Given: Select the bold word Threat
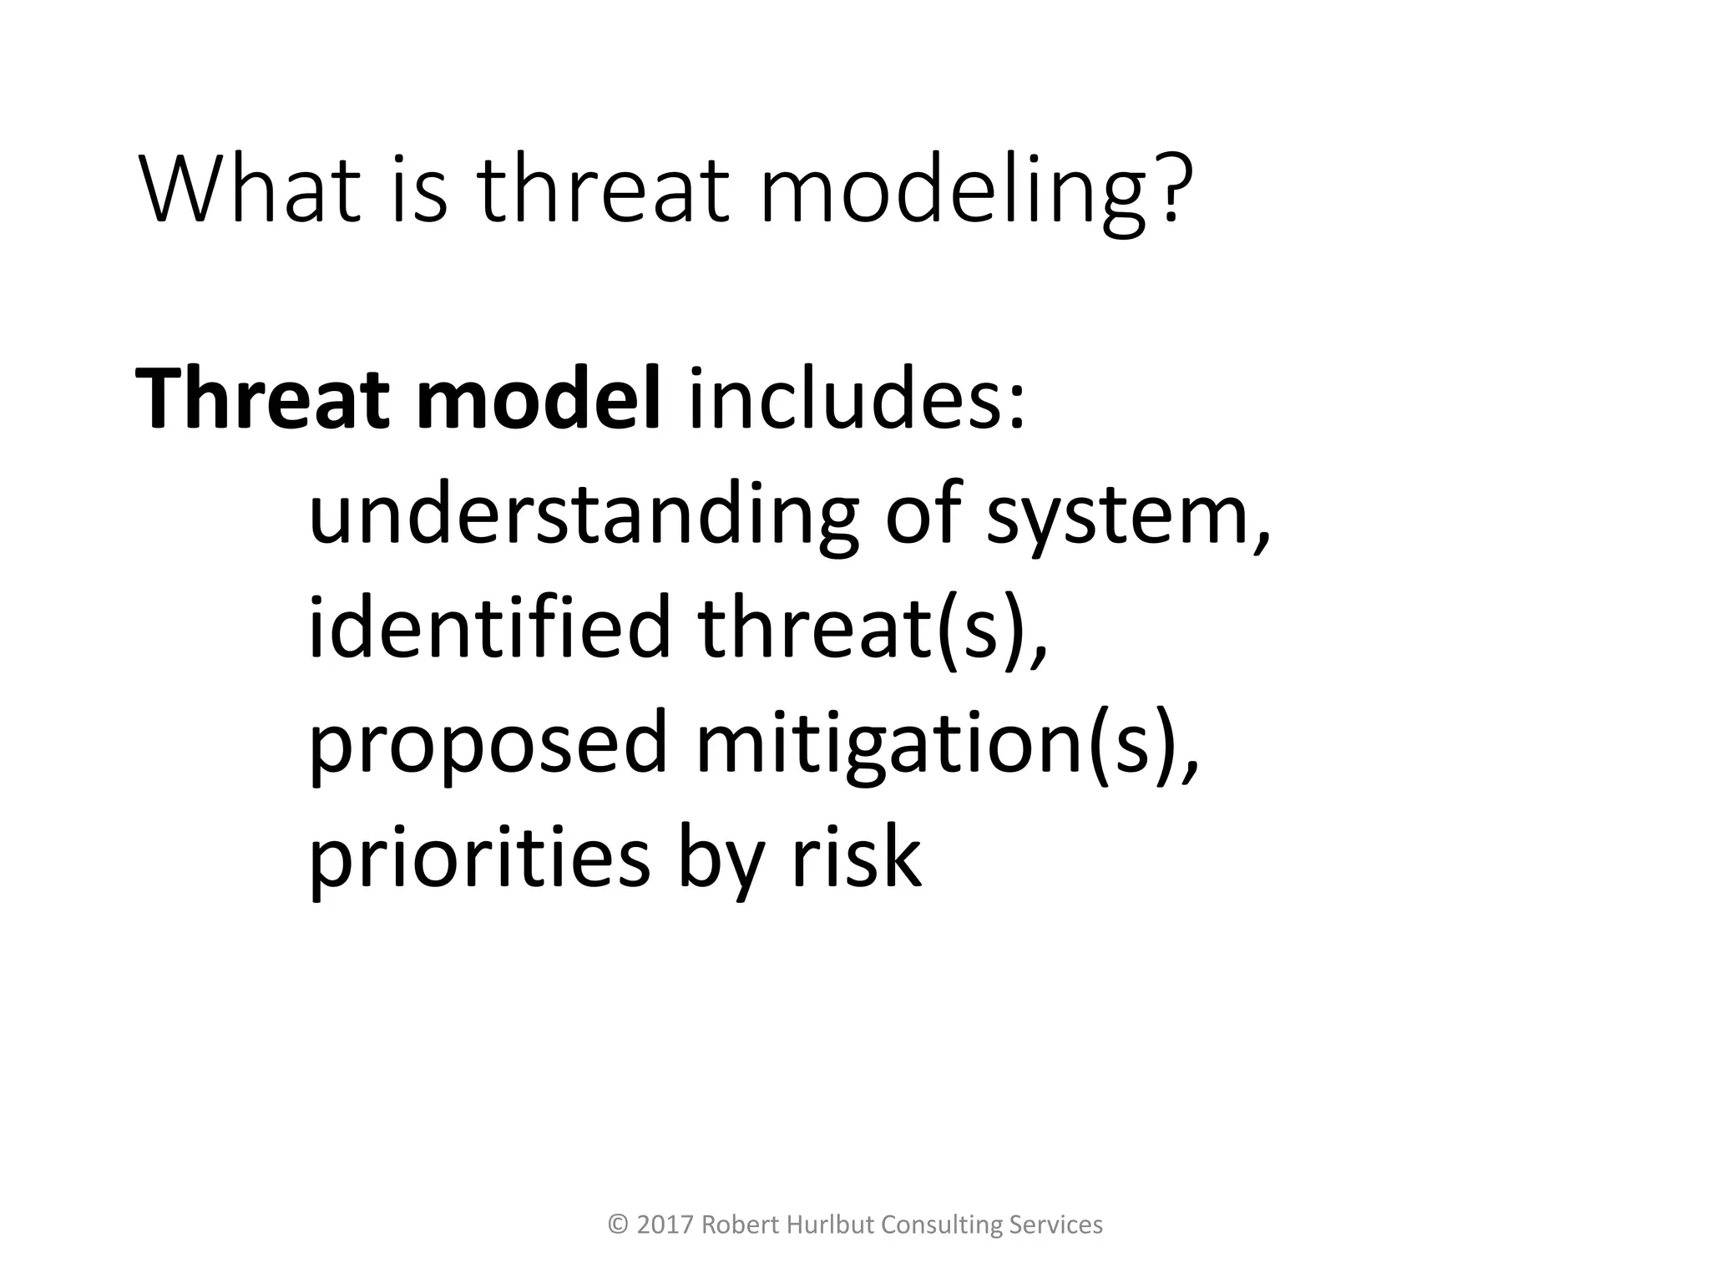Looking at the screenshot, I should (x=261, y=399).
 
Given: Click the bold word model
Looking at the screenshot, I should (x=539, y=399).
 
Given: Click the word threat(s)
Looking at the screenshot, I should (x=872, y=628).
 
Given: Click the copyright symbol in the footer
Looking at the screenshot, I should (x=618, y=1225).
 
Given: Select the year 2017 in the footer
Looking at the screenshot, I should (x=665, y=1225).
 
